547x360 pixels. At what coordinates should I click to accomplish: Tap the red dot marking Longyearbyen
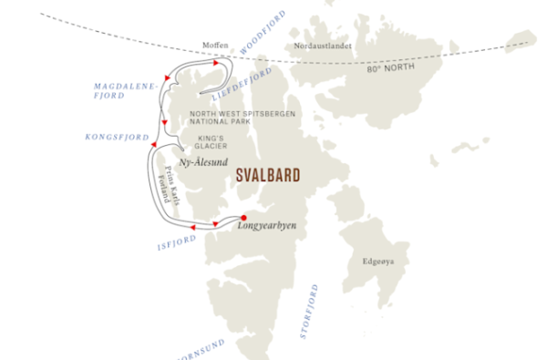[243, 217]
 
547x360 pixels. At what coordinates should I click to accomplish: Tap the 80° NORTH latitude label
[383, 68]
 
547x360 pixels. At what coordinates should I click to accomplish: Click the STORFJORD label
[308, 311]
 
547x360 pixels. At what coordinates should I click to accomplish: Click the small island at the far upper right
[521, 41]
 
